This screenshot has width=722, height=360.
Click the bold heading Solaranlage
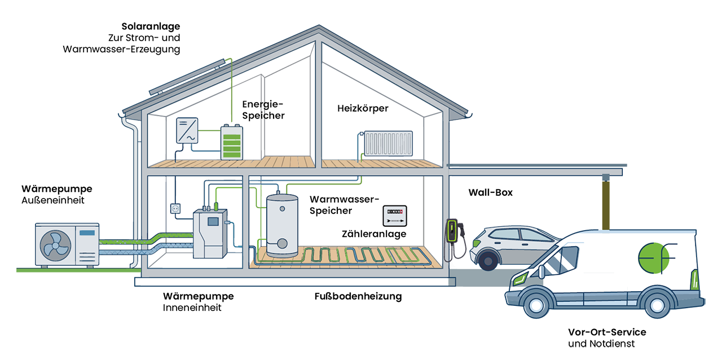[151, 27]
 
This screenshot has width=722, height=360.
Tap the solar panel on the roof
[187, 76]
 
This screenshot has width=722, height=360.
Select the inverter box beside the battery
[187, 130]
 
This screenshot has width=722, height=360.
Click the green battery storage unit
[232, 142]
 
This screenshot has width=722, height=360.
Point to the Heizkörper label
[363, 108]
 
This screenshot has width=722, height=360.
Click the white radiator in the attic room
[389, 143]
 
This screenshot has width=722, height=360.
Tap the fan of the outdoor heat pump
[55, 245]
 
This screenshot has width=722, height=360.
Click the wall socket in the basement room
[175, 209]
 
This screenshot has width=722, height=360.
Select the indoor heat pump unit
[210, 234]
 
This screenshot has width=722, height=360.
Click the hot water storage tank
[283, 226]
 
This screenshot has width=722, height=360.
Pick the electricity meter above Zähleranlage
[395, 216]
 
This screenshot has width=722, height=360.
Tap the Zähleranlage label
[374, 234]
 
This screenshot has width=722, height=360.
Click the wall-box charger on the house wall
[452, 231]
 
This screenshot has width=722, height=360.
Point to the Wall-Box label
[490, 192]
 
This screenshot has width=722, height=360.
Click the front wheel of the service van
[536, 305]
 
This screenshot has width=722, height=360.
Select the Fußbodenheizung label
[358, 296]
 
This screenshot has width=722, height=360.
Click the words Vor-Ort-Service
[607, 332]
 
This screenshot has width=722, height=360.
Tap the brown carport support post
[606, 203]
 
